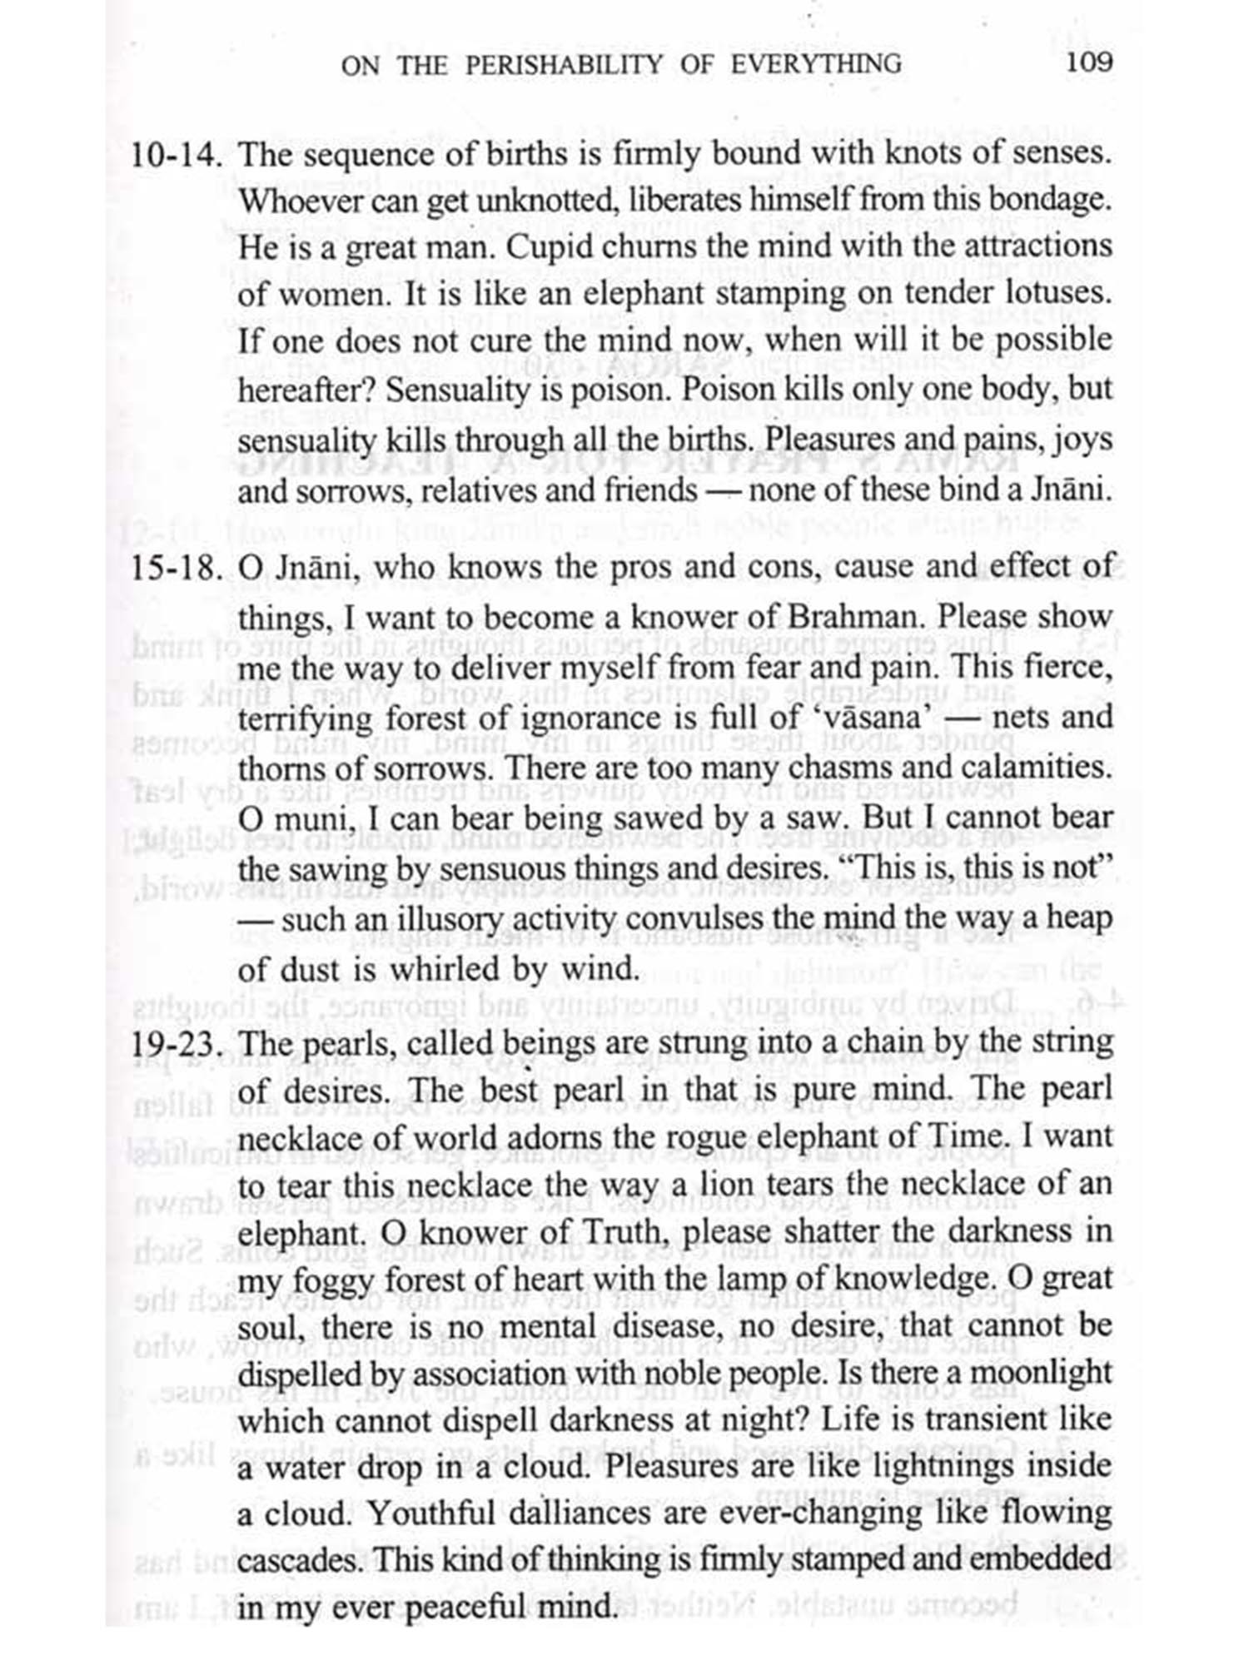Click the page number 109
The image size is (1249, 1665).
click(x=1088, y=62)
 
